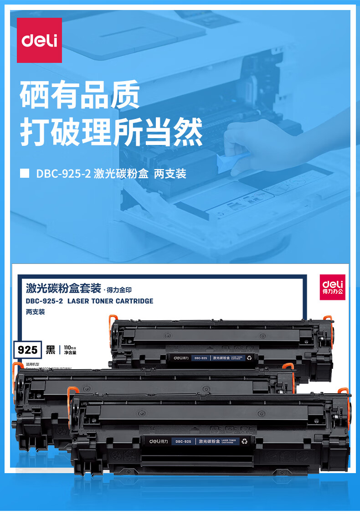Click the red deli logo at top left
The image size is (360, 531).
[x=39, y=40]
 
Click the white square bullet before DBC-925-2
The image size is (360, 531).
[x=26, y=174]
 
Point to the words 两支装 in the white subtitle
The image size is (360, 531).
[x=170, y=174]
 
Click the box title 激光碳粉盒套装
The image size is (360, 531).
[x=63, y=288]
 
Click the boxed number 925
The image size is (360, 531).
[x=27, y=350]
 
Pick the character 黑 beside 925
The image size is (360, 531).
[x=51, y=350]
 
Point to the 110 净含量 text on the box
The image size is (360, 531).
[x=70, y=350]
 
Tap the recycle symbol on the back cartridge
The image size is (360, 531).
[x=249, y=358]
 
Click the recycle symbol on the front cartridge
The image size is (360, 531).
[x=244, y=441]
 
